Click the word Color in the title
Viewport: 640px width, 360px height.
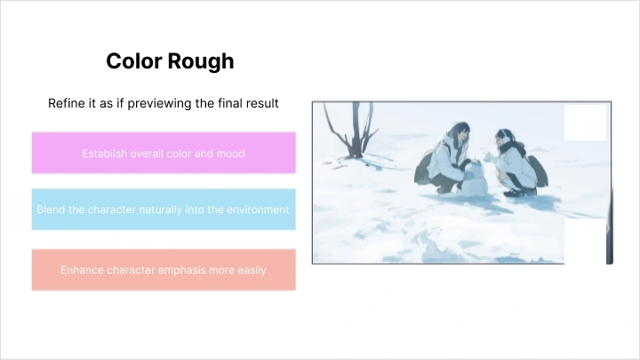132,60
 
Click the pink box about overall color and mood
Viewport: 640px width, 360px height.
164,153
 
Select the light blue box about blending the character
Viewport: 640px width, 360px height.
164,210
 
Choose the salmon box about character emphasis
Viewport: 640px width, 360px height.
164,269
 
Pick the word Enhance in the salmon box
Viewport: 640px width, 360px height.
82,269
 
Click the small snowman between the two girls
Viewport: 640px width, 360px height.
473,177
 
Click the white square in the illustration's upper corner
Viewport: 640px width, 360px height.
585,122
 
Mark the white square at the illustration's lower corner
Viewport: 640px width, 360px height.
585,243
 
